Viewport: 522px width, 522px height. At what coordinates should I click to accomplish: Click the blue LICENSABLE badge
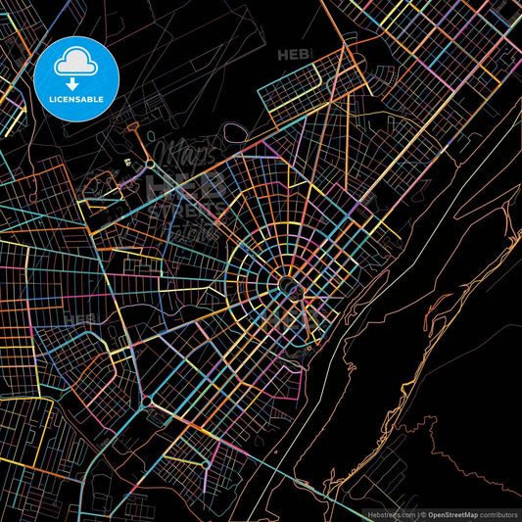[76, 76]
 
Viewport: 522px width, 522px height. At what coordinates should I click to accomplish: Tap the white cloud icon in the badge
[76, 63]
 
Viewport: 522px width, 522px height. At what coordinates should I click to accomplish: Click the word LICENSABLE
[76, 100]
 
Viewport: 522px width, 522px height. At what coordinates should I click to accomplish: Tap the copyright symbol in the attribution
[423, 513]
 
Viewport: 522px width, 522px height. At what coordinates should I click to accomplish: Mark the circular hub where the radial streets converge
[289, 285]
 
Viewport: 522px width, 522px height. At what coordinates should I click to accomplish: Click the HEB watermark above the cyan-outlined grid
[293, 55]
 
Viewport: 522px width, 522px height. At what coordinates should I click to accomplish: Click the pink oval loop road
[235, 130]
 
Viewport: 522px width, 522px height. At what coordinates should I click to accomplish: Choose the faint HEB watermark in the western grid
[78, 319]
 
